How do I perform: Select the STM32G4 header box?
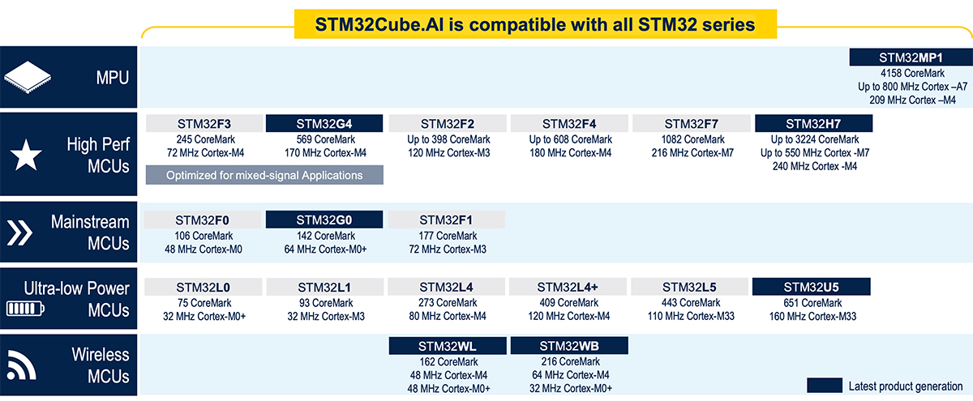click(324, 124)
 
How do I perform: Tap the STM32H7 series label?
click(813, 124)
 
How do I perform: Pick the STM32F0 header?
click(203, 220)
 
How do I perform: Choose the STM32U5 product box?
click(811, 287)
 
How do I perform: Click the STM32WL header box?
click(448, 346)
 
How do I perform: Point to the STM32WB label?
click(569, 346)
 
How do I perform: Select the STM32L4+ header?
click(568, 287)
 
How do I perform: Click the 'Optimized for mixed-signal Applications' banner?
click(264, 175)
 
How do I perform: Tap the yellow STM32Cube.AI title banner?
click(535, 24)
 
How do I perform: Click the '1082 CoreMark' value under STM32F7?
click(691, 139)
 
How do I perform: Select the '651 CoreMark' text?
click(811, 303)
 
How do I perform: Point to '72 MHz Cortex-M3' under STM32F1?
click(448, 250)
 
